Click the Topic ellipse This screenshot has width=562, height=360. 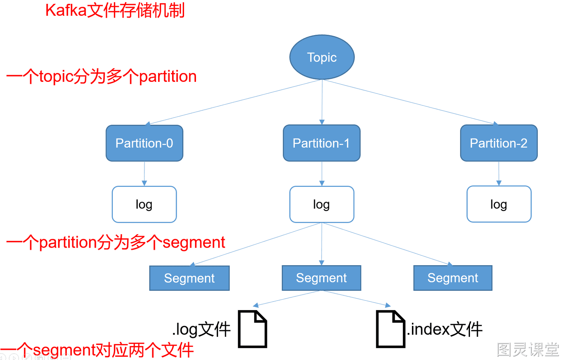[322, 57]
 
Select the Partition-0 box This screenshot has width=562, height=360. [144, 143]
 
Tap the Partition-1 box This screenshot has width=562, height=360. [322, 143]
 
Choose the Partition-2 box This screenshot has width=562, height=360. [499, 143]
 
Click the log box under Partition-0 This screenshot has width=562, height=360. [144, 204]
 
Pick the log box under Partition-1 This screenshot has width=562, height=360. [322, 204]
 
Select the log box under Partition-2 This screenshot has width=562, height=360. [499, 204]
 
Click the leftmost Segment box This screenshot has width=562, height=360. [189, 278]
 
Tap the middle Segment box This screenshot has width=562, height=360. [321, 278]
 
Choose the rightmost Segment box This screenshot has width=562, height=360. [453, 278]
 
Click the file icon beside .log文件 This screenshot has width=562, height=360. [253, 329]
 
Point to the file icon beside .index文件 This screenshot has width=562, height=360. [391, 329]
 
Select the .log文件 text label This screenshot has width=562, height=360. [201, 329]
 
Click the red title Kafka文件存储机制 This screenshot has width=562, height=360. [115, 11]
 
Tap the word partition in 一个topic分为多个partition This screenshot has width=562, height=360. [168, 77]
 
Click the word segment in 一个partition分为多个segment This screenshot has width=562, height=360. [194, 243]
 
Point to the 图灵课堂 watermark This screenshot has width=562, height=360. [528, 349]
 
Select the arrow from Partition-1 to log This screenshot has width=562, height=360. [322, 174]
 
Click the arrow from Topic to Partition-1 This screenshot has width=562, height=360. [322, 102]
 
